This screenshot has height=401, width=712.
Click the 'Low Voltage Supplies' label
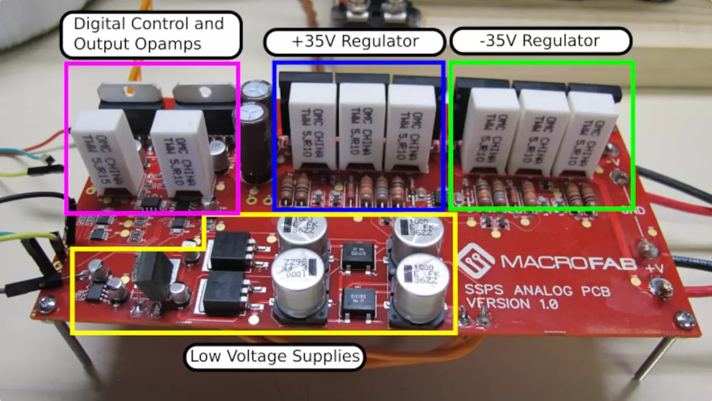pos(275,356)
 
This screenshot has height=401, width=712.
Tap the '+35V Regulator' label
pos(355,41)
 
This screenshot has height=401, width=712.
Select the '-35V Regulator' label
pos(541,41)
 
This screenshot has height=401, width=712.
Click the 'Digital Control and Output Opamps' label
pos(150,34)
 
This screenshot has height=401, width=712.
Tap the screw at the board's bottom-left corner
pos(47,304)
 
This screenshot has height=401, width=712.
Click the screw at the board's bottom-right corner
pos(684,319)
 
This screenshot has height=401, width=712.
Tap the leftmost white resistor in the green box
pos(492,130)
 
